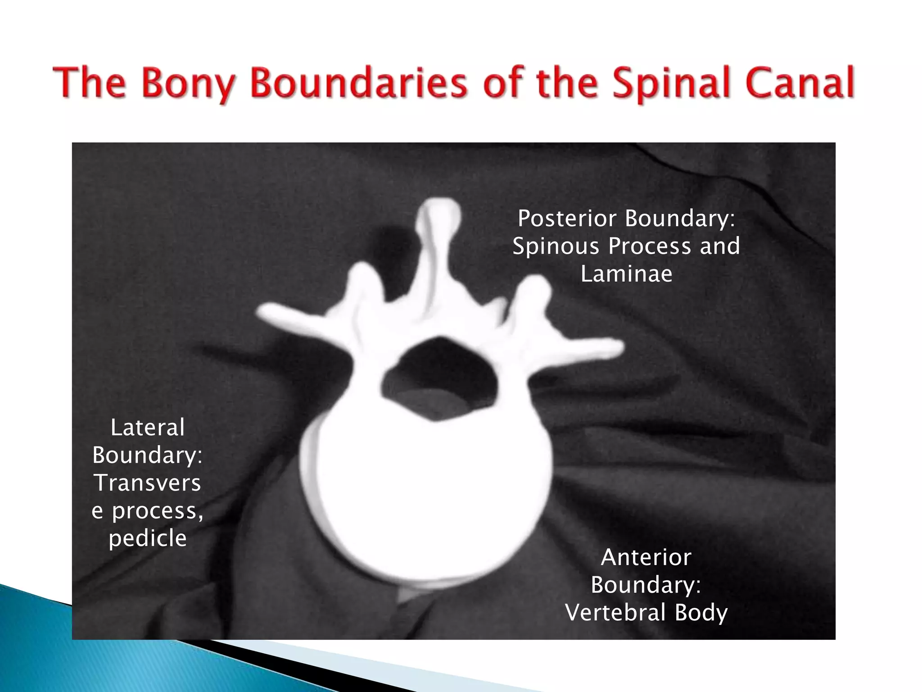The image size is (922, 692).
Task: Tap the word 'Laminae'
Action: coord(626,274)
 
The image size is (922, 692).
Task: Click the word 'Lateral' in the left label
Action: coord(148,428)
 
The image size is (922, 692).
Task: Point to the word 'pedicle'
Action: coord(148,538)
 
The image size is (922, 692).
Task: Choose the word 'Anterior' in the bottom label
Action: coord(646,557)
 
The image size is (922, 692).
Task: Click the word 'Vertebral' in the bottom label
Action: coord(615,613)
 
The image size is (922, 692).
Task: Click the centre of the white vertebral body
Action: coord(425,487)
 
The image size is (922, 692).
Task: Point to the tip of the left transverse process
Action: coord(264,312)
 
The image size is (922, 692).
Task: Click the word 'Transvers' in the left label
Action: coord(148,483)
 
